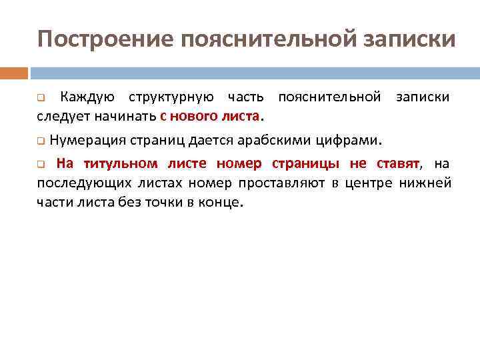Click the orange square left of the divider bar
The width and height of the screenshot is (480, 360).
coord(14,73)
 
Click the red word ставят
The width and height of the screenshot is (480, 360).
coord(397,163)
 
